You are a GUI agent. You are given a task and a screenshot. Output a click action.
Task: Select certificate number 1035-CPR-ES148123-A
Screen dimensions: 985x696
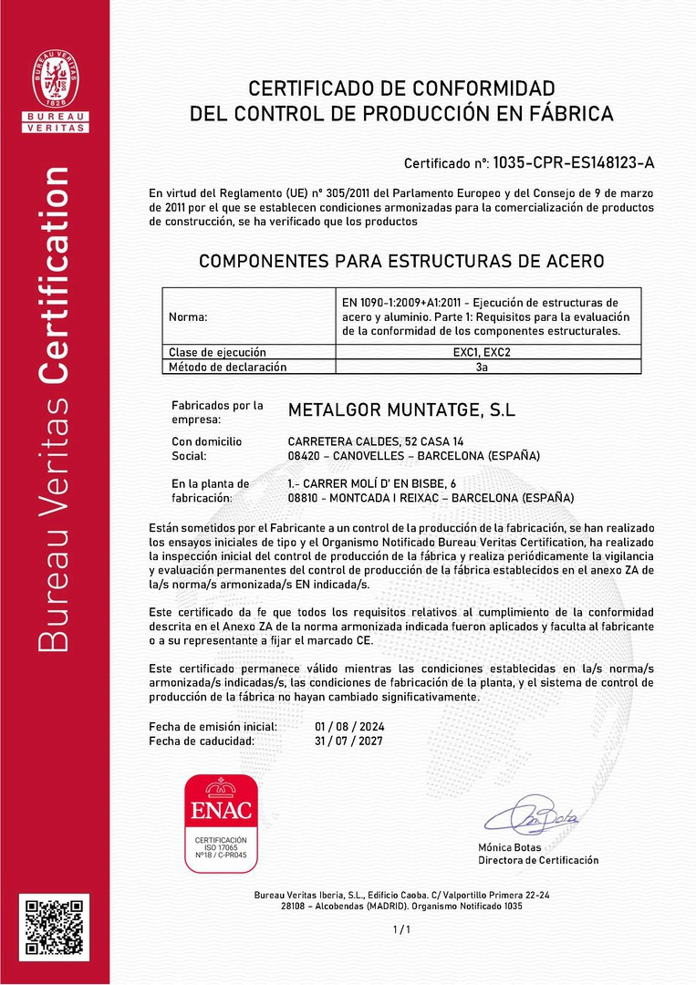tap(574, 163)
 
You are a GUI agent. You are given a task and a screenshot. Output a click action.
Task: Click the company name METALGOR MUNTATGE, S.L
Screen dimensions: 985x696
tap(401, 411)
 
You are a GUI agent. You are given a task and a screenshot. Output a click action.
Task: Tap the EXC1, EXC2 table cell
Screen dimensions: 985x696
tap(482, 352)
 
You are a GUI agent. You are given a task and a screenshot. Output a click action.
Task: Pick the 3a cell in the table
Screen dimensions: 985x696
tap(482, 367)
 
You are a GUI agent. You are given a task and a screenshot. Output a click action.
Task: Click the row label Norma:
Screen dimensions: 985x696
tap(188, 317)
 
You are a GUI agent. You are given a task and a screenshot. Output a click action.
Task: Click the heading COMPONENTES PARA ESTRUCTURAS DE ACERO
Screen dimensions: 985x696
tap(401, 261)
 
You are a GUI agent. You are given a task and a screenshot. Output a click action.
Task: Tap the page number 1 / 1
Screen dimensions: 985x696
tap(401, 929)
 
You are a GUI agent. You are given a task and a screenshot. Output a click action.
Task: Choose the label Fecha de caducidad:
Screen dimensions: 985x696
tap(202, 741)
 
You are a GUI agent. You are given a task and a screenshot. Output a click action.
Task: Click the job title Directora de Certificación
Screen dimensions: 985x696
tap(538, 860)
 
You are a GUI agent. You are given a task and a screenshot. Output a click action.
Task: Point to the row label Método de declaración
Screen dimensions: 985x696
tap(227, 367)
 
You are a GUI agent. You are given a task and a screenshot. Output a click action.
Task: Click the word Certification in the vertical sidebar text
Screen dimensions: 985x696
tap(55, 275)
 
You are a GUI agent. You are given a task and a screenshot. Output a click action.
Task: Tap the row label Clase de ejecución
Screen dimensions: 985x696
tap(217, 352)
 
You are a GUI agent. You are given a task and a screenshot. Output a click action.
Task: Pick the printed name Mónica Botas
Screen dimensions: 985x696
tap(509, 847)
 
